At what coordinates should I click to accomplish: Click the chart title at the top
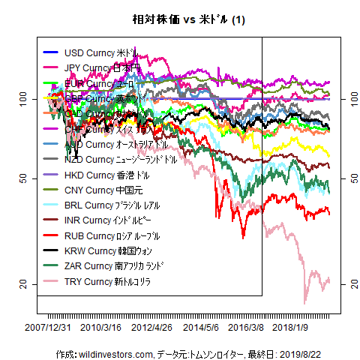pos(180,18)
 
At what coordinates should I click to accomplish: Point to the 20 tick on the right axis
pos(346,283)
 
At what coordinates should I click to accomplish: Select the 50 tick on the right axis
pos(346,178)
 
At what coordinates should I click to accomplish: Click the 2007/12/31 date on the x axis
pos(48,328)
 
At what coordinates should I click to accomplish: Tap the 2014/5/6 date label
pos(201,328)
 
